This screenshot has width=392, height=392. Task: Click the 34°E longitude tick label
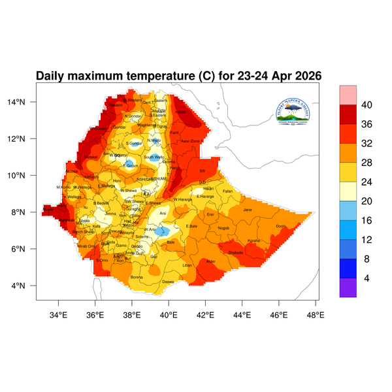[59, 314]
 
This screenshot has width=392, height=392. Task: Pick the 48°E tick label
[316, 314]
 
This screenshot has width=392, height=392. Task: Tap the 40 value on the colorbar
[367, 105]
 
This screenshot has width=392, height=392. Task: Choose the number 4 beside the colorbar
[367, 278]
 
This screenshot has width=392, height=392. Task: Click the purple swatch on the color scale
[348, 287]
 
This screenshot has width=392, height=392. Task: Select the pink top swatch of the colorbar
[348, 94]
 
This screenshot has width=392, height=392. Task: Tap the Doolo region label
[282, 226]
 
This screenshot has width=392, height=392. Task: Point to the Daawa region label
[167, 282]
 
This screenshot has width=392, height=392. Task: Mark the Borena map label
[137, 277]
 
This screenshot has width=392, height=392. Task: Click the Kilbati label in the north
[180, 112]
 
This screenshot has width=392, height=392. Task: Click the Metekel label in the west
[90, 157]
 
